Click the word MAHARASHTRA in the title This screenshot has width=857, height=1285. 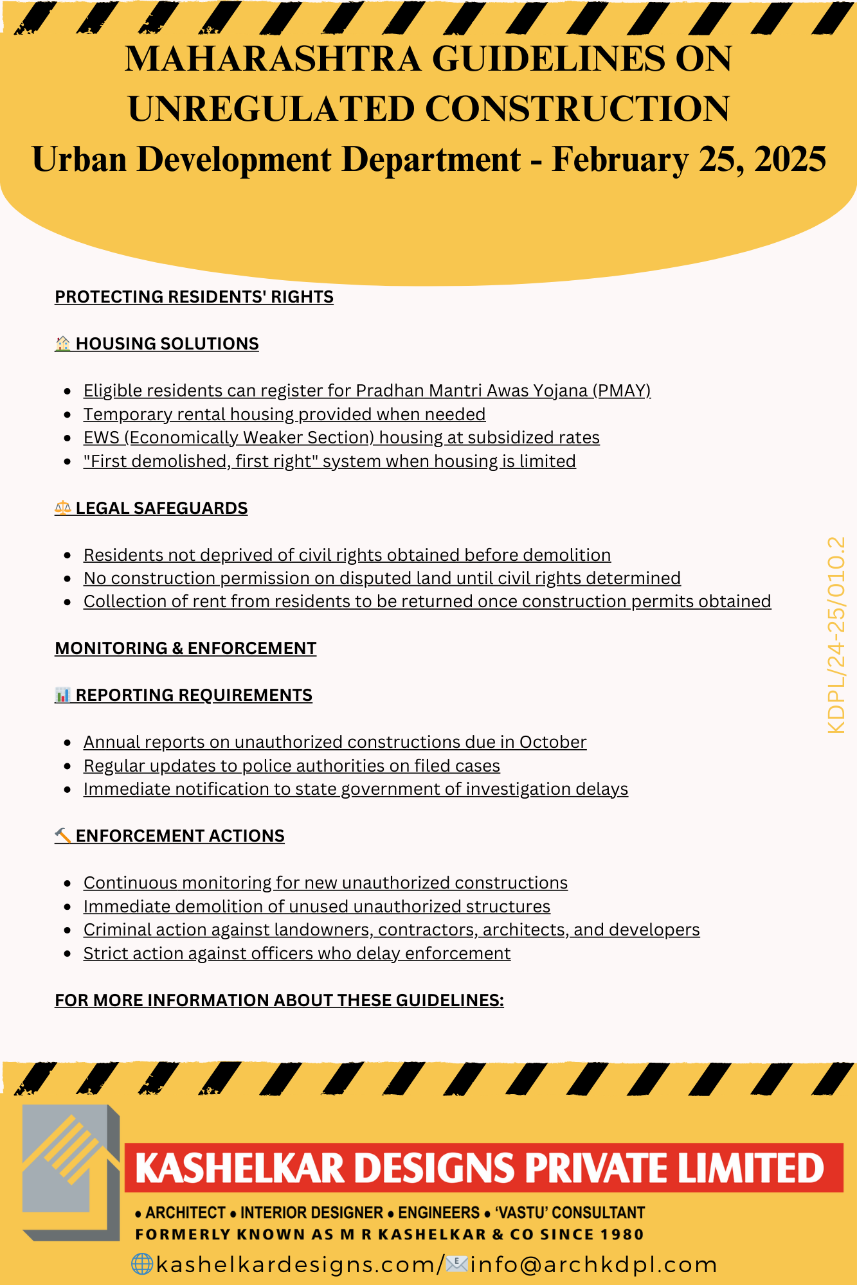273,59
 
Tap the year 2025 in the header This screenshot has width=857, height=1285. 789,159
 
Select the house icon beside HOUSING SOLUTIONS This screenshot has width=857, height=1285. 62,344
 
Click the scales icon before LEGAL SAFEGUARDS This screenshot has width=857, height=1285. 62,508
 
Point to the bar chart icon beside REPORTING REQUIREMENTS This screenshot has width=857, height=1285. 62,695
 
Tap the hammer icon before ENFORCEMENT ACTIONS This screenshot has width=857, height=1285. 62,836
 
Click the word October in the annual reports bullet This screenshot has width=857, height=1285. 553,742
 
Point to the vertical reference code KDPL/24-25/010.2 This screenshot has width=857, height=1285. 836,635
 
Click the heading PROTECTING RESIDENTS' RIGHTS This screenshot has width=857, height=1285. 194,297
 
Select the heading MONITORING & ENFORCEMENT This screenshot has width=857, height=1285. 186,648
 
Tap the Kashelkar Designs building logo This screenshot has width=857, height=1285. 71,1173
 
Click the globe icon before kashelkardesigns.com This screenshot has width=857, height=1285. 141,1264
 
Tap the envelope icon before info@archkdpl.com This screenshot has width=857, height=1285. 456,1264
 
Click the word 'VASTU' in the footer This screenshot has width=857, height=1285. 521,1212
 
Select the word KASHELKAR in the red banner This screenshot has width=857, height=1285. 240,1168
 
